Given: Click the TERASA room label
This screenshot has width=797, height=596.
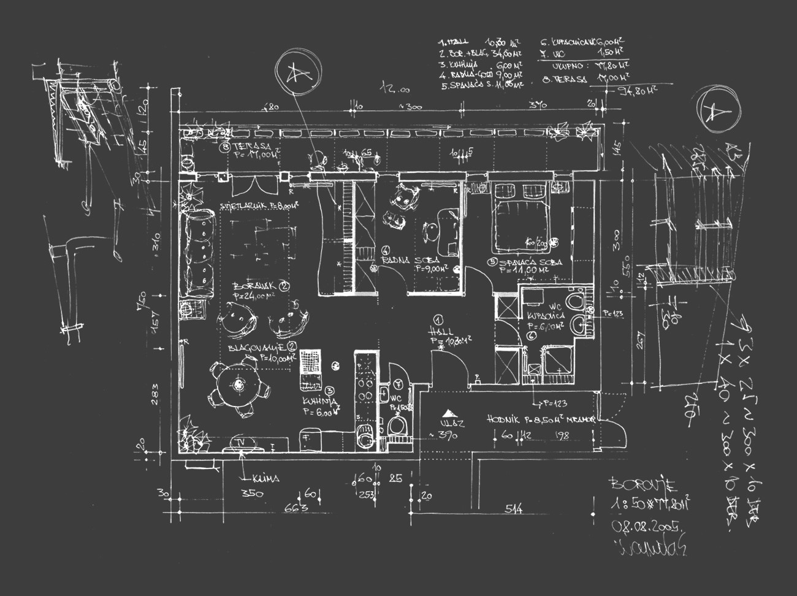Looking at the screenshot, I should (246, 148).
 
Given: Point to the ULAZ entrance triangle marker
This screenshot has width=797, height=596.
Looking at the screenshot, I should (451, 413).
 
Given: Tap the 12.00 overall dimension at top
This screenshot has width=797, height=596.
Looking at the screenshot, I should (395, 90).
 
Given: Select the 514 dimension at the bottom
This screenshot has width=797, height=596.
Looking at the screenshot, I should (514, 508).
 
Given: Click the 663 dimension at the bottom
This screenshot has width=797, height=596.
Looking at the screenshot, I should (296, 508).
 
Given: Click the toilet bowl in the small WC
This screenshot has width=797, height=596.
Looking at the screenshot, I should (397, 427).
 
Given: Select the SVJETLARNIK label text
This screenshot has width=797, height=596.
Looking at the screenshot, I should (243, 207).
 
